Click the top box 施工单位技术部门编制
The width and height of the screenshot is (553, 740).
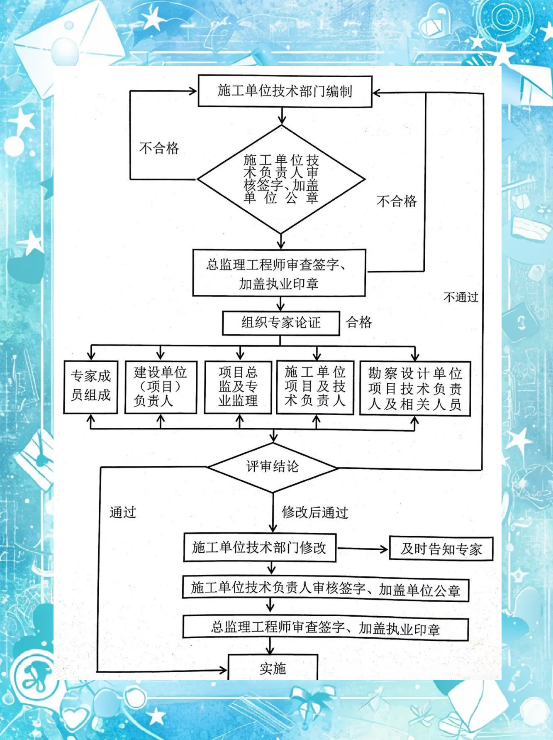point(285,91)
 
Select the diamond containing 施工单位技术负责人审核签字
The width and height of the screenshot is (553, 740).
point(281,179)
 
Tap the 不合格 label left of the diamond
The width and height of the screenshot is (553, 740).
point(159,148)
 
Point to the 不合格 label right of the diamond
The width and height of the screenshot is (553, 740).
point(397,201)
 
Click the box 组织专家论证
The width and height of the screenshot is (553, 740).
point(281,323)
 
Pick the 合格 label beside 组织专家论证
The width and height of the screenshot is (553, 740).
point(359,322)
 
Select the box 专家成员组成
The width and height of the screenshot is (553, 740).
point(90,387)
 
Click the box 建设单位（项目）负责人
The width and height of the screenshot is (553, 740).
point(161,387)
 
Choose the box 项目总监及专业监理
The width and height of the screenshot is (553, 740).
point(238,387)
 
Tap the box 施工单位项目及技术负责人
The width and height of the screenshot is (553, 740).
point(315,387)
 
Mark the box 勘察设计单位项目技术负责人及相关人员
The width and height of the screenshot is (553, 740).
point(415,388)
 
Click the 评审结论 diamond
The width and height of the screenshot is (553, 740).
point(273,467)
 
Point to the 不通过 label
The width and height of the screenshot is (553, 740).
point(461,297)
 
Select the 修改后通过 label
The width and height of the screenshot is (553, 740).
point(315,513)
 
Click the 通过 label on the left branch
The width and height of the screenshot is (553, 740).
point(123,512)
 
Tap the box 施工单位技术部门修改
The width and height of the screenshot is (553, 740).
point(260,548)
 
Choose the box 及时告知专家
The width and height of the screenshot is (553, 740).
point(441,549)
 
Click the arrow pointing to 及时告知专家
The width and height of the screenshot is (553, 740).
point(363,549)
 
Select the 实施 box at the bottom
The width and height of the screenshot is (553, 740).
point(273,668)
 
